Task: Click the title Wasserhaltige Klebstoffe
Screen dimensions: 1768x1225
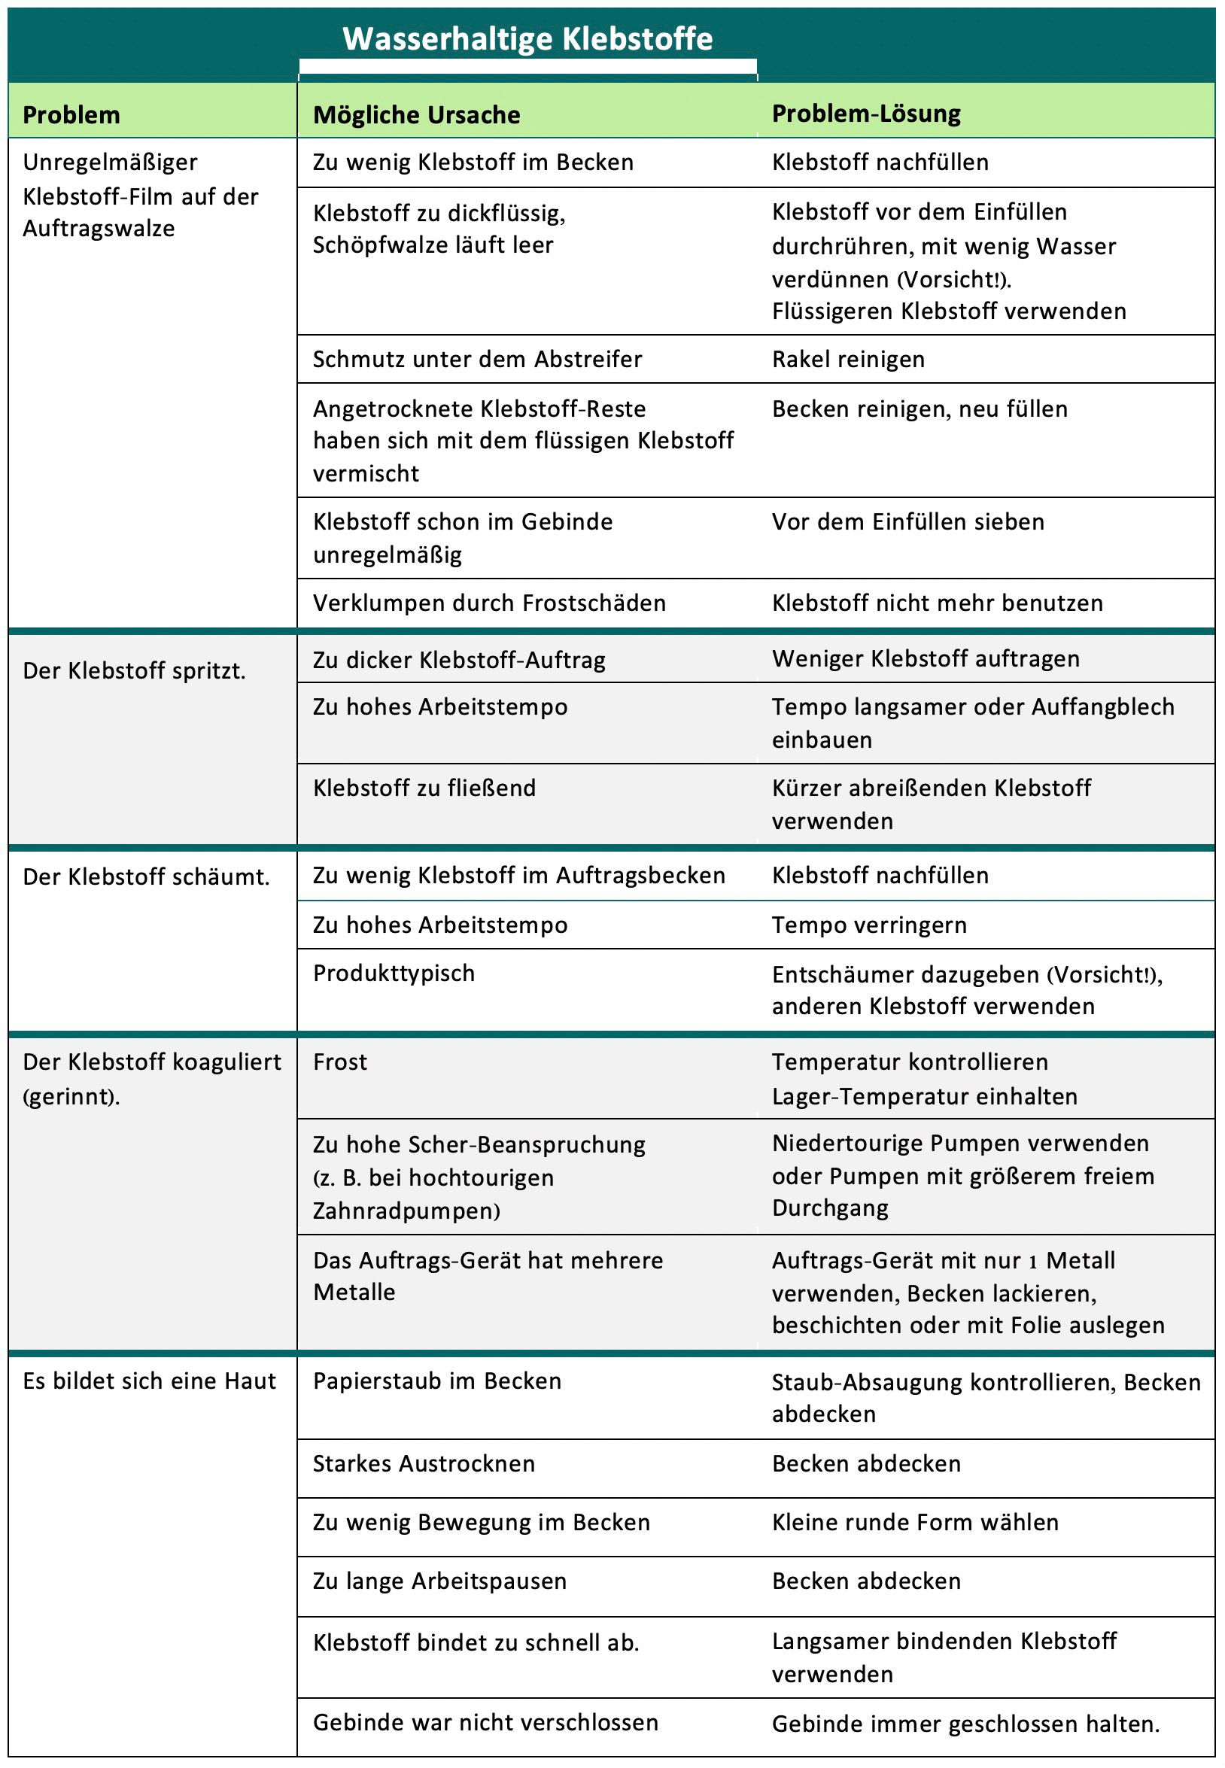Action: pos(527,39)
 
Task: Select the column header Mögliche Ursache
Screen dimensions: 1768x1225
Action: pos(416,115)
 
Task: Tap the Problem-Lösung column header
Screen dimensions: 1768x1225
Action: pos(866,114)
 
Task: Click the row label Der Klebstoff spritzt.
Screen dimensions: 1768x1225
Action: pos(135,670)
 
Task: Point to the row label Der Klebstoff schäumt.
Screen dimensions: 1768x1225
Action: pos(146,876)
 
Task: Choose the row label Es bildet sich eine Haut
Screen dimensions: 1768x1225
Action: pos(149,1381)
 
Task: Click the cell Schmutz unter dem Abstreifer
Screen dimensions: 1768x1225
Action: pos(476,359)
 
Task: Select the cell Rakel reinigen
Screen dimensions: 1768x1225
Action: pos(848,359)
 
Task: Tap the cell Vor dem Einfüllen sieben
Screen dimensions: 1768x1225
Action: pos(908,522)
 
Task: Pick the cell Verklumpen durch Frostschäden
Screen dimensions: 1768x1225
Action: pos(489,603)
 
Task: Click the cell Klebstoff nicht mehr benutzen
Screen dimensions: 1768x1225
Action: pos(937,603)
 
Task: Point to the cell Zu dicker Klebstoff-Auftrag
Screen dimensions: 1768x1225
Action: pos(459,660)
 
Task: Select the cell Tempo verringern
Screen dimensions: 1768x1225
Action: pos(869,925)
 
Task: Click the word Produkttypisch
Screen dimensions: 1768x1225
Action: pos(394,973)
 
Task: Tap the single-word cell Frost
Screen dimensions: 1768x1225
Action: pos(340,1062)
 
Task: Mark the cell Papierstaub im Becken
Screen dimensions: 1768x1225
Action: pos(436,1381)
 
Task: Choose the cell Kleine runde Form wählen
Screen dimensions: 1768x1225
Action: pos(915,1522)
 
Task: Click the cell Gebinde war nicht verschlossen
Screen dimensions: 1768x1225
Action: pos(485,1722)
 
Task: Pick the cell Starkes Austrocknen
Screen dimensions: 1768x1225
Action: pos(424,1463)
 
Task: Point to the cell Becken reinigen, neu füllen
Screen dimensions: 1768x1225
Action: pos(920,409)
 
